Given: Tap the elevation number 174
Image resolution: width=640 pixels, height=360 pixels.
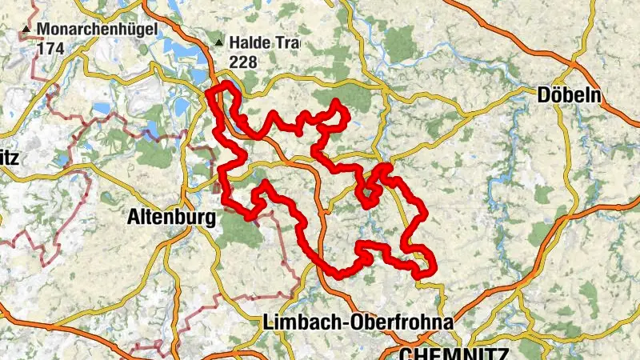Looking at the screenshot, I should coord(49,48).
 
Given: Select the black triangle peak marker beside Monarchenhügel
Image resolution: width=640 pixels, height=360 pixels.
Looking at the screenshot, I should coord(27,31).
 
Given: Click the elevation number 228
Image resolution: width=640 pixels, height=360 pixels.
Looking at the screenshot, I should coord(244,61).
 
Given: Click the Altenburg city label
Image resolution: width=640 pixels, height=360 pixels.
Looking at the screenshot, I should coord(171,217).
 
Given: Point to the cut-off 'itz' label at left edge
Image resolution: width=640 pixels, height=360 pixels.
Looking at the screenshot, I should coord(8,157).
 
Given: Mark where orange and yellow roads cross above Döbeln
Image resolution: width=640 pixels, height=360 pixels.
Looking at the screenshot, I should coord(574,62).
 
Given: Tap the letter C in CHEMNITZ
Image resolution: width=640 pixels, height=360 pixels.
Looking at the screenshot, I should coord(406,353).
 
